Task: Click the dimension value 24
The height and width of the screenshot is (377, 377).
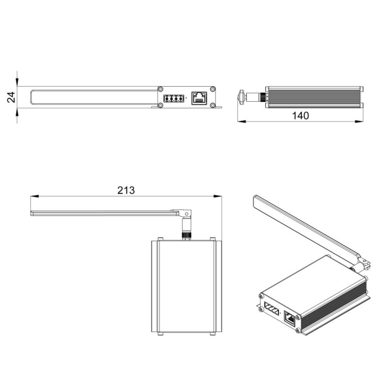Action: [11, 97]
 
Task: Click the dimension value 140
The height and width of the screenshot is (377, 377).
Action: [300, 116]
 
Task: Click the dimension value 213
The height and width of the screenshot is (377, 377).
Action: [126, 190]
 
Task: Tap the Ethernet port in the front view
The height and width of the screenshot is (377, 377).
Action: [199, 98]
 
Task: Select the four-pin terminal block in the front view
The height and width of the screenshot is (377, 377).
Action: [173, 98]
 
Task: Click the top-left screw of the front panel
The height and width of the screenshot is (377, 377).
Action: [161, 89]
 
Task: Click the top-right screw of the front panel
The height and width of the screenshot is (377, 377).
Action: [213, 89]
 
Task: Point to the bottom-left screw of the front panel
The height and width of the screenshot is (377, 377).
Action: [161, 105]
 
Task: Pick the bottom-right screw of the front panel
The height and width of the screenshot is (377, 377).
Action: [213, 105]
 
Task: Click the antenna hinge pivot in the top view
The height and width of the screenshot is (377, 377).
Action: [186, 214]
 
